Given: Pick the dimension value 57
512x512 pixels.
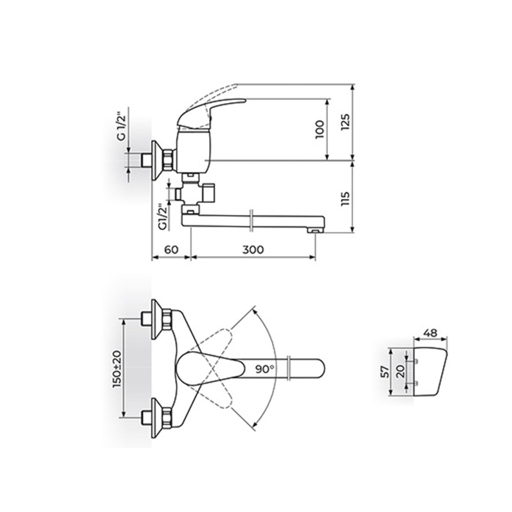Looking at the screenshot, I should click(385, 372).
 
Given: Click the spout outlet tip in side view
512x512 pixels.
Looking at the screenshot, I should click(314, 230).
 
